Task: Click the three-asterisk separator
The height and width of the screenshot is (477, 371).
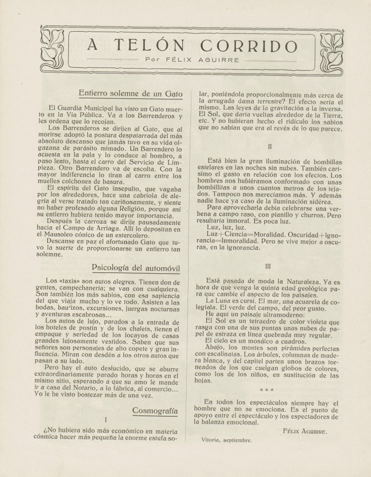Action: click(x=267, y=389)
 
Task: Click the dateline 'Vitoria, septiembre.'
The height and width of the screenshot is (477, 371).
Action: click(x=227, y=439)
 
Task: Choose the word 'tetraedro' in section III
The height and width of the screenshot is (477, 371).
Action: click(x=248, y=322)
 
